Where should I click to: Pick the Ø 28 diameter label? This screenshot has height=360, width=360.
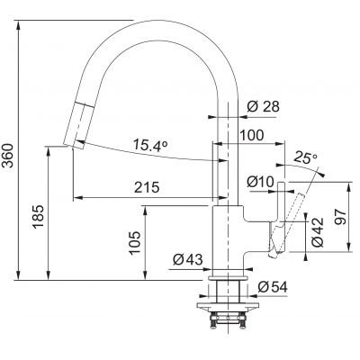(263, 106)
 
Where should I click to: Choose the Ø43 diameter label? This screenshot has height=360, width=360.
(187, 261)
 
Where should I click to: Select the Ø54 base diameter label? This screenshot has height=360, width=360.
(273, 286)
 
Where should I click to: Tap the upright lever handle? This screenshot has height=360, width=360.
(279, 216)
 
